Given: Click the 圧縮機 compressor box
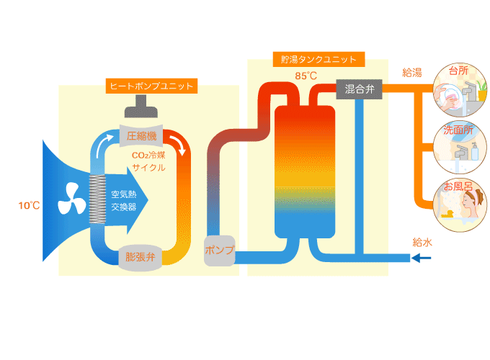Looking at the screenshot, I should (x=141, y=135).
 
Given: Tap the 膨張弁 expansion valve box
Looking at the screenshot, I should (x=141, y=256).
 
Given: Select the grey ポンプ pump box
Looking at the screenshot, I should (x=220, y=251).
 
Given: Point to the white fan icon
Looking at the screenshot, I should (x=71, y=197).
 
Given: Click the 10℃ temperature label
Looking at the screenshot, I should (x=29, y=206).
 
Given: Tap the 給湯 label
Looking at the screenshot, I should (x=412, y=72).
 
